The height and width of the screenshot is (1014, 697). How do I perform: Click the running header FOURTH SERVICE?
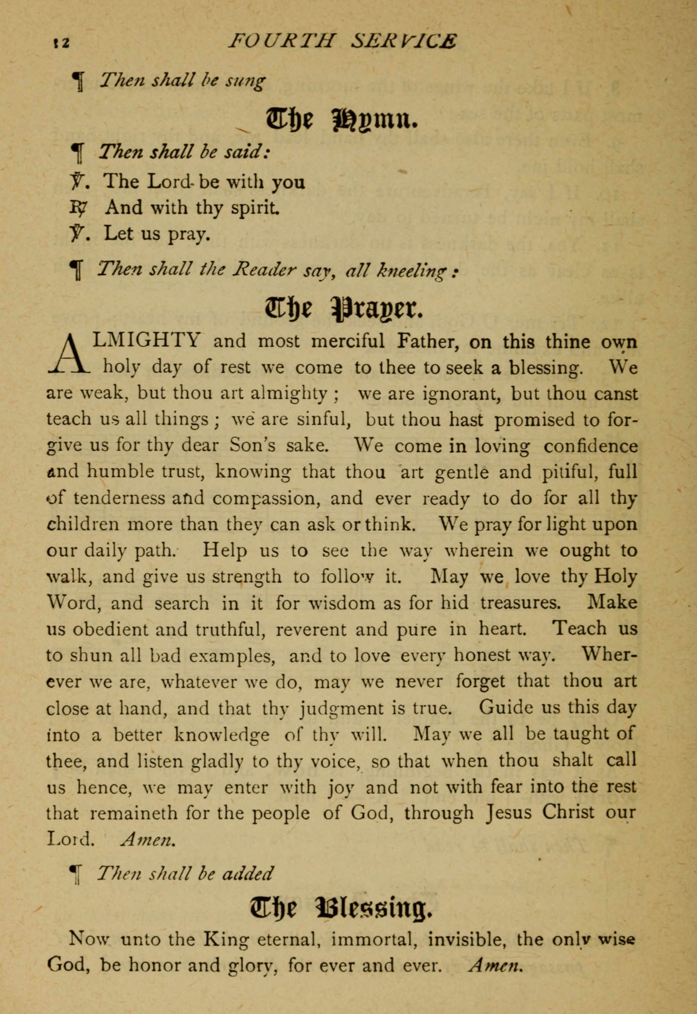(343, 42)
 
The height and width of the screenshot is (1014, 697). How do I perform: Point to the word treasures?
(520, 603)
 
